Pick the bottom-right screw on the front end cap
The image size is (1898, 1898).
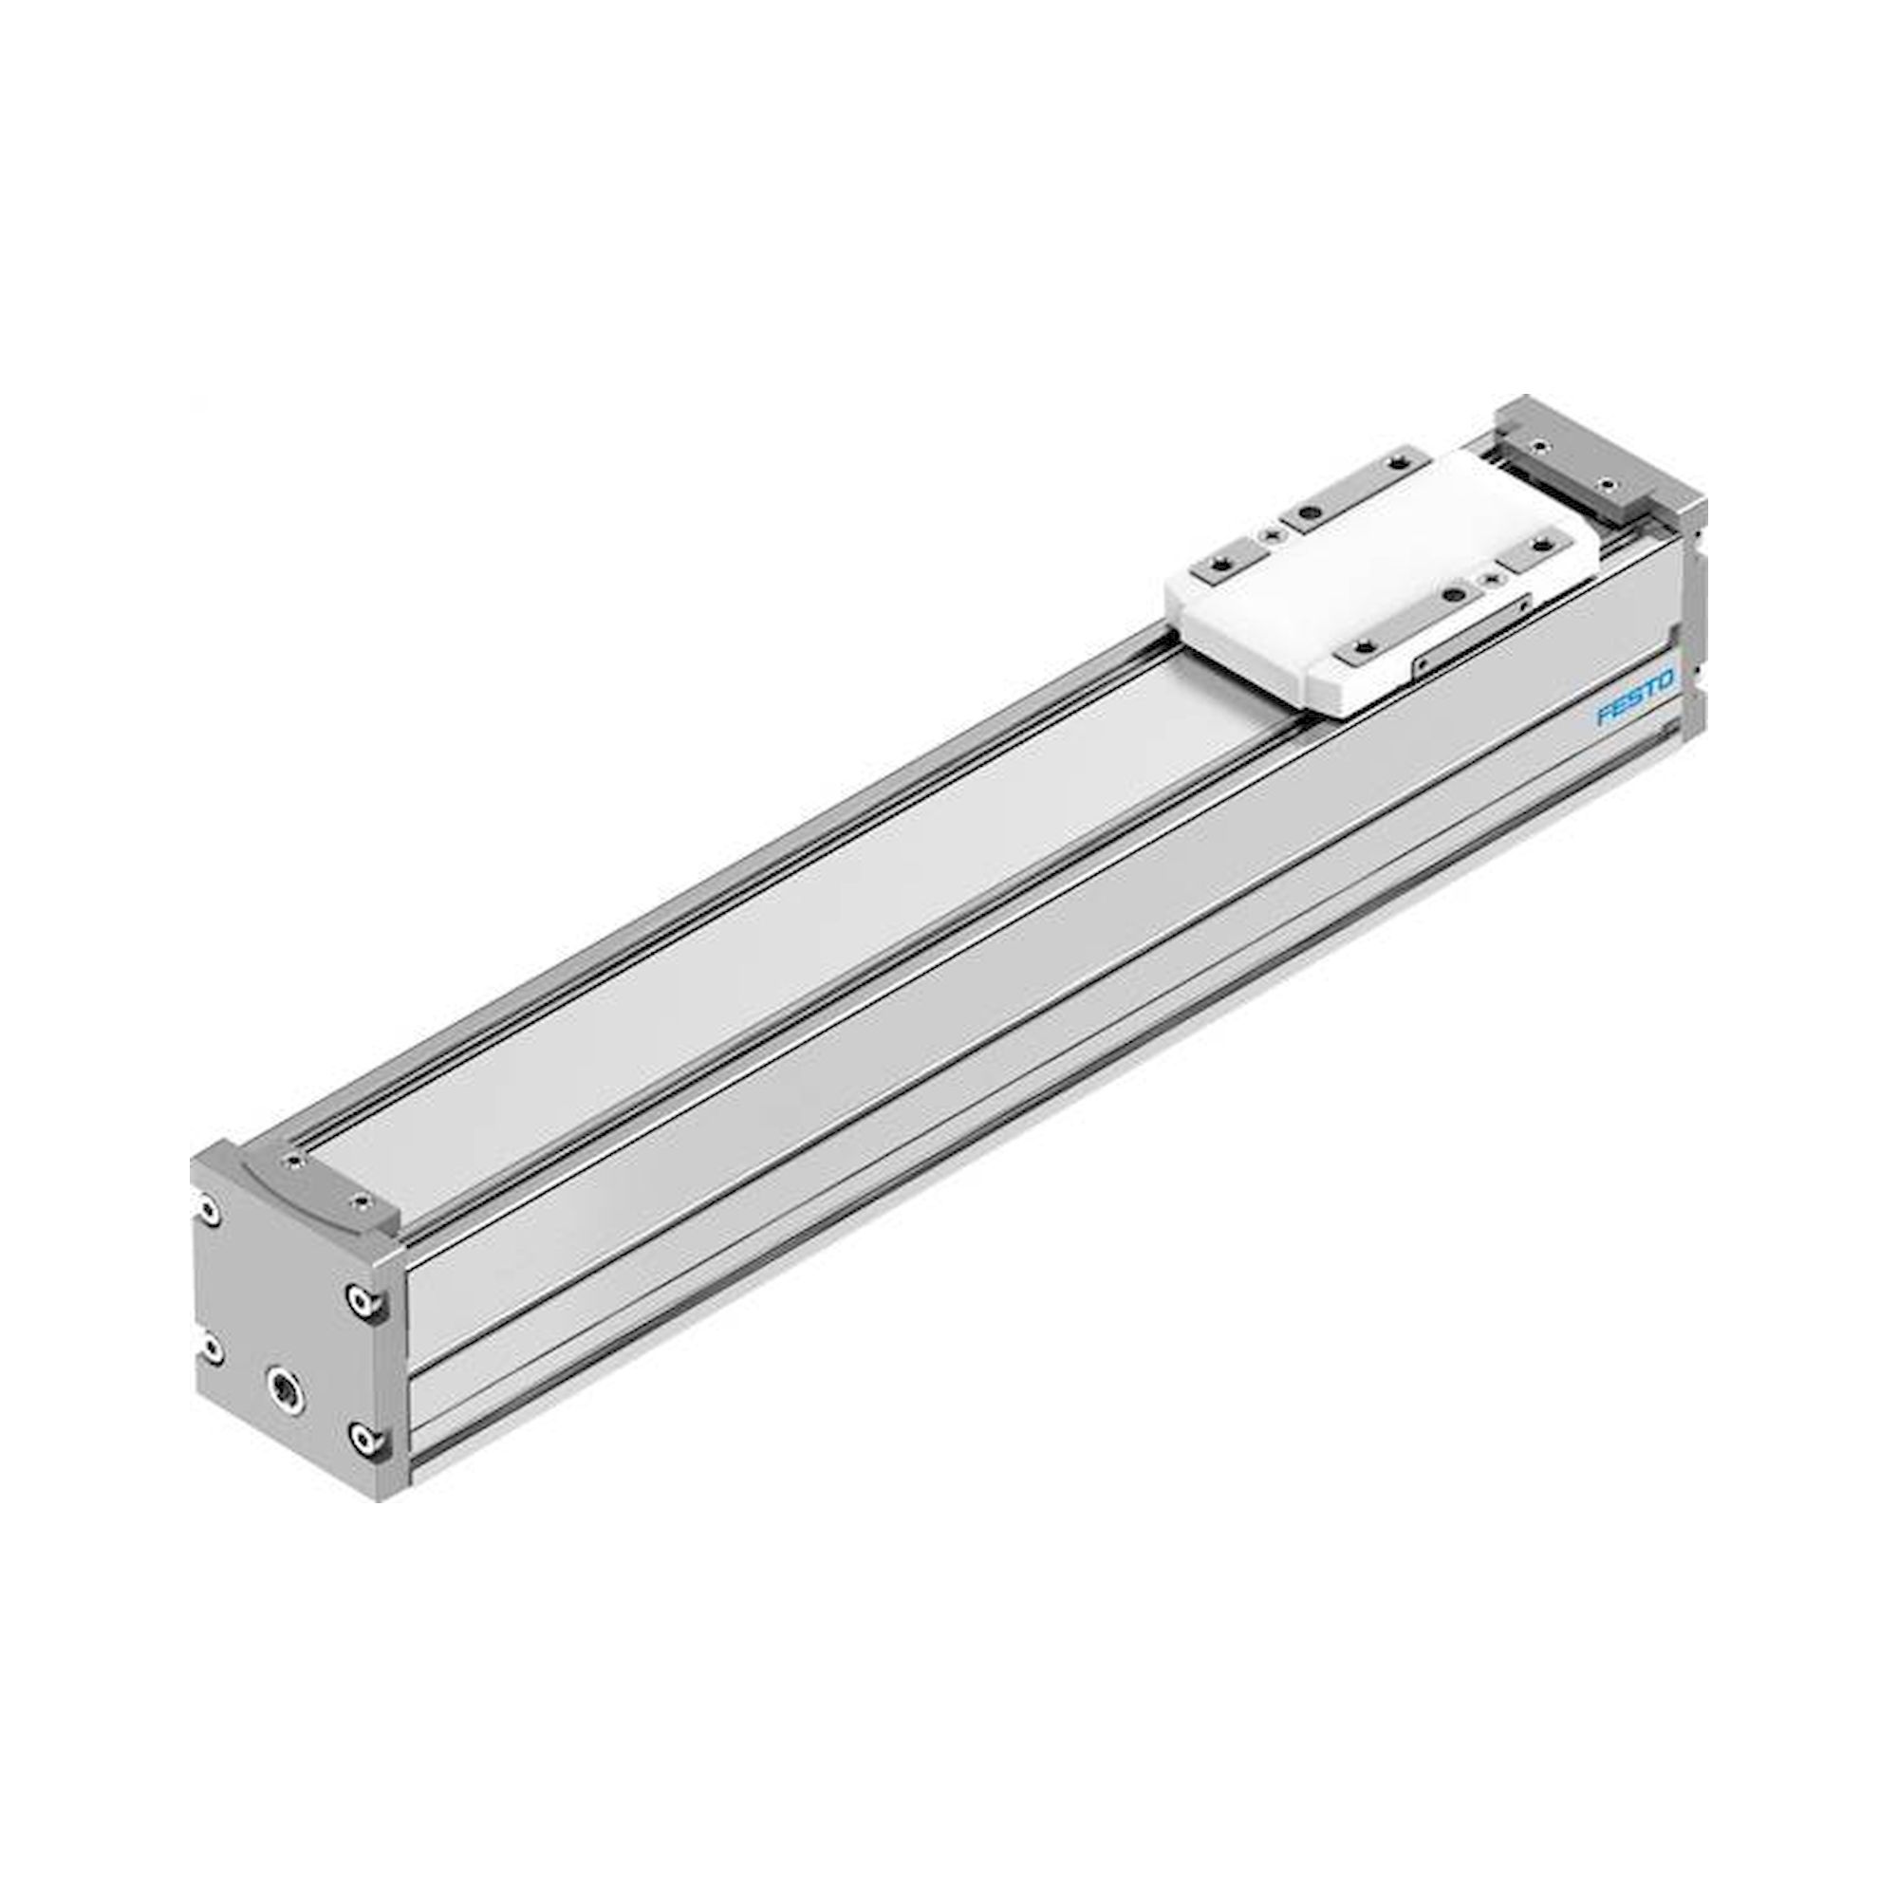(x=363, y=1441)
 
